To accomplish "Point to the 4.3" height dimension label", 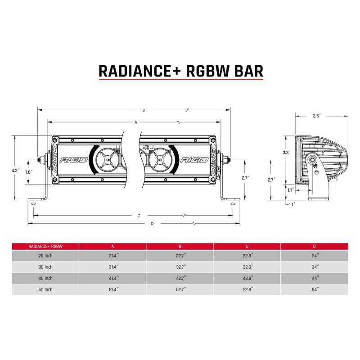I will (x=15, y=171).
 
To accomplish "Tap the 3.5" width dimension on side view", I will (x=316, y=116).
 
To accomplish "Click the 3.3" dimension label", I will (x=285, y=153).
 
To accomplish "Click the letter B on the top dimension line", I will (x=143, y=110).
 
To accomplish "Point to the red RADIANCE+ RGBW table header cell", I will (x=45, y=246).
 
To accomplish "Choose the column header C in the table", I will (x=247, y=246).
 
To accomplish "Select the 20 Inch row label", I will (x=45, y=256).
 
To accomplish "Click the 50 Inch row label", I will (x=45, y=289).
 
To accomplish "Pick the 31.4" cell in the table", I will (x=112, y=267).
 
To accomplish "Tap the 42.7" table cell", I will (x=180, y=278).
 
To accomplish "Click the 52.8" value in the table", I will (x=247, y=289).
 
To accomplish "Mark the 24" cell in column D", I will (x=315, y=256).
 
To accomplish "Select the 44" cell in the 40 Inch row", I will (x=315, y=278).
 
